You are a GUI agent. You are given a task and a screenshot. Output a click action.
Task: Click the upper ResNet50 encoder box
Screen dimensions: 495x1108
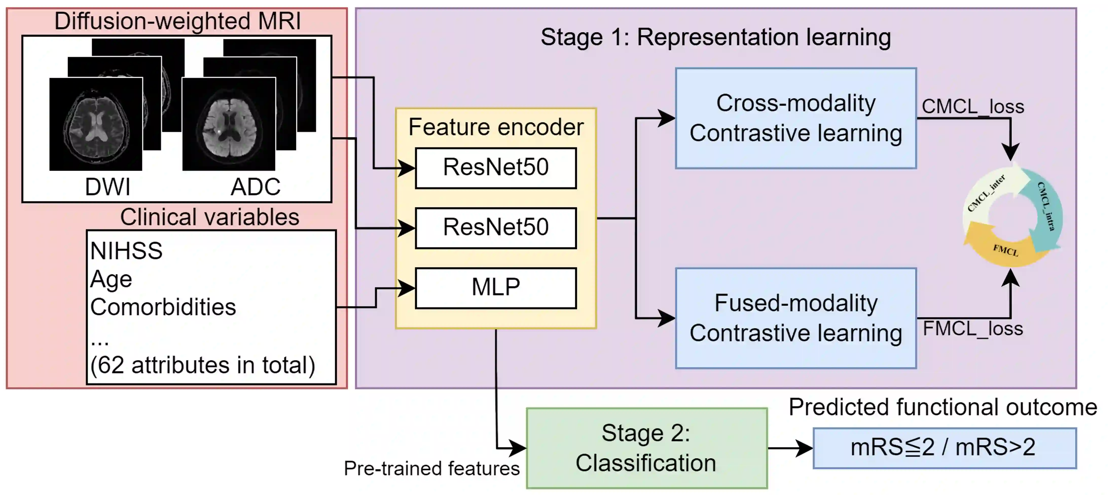coord(496,168)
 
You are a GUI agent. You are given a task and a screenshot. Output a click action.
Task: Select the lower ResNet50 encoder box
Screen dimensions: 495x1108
coord(496,228)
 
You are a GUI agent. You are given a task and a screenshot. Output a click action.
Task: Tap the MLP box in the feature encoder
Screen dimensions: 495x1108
coord(496,288)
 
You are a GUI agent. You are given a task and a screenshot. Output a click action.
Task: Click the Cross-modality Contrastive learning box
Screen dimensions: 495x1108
coord(796,118)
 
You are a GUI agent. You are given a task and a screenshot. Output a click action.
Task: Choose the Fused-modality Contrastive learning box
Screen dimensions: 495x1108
coord(796,318)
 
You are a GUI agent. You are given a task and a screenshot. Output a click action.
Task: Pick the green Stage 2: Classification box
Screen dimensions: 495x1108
coord(646,448)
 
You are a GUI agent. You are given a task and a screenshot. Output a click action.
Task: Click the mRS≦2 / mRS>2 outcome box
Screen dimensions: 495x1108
coord(944,448)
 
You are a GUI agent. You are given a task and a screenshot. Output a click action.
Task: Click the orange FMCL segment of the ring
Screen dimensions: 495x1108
coord(1004,249)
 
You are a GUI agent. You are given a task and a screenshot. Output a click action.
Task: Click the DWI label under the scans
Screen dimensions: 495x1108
coord(107,187)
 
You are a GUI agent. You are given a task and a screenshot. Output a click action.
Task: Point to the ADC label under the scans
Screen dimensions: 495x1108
coord(256,187)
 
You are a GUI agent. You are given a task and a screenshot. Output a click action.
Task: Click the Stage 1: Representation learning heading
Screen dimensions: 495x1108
coord(715,37)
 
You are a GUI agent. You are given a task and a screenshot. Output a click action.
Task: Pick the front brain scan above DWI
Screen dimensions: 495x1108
coord(96,124)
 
